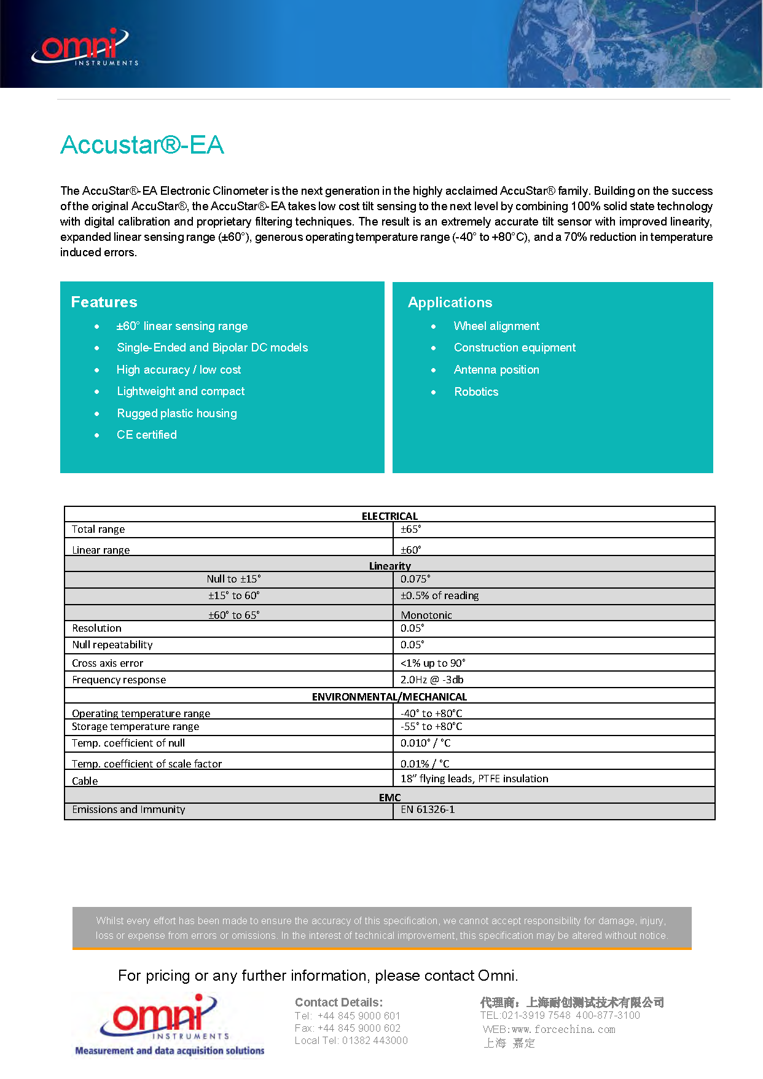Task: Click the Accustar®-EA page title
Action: [142, 145]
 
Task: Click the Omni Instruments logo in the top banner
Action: [85, 47]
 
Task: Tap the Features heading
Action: [104, 302]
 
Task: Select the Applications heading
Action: [450, 302]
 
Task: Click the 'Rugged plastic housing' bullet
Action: [176, 414]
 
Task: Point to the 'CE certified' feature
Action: [146, 435]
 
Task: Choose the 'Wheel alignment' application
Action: [496, 326]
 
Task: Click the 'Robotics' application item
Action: [476, 392]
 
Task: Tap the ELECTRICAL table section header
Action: [389, 516]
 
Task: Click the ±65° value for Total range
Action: [411, 530]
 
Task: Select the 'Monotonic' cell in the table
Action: [426, 614]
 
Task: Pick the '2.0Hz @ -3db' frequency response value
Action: [432, 680]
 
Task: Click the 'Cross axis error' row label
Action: [108, 663]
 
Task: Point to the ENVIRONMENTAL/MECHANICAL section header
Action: [389, 697]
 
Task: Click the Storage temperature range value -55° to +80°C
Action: [431, 726]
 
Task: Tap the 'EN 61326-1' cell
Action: [428, 810]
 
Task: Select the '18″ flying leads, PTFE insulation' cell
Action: [474, 779]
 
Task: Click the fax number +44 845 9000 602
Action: [348, 1028]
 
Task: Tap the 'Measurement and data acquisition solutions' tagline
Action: [170, 1051]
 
